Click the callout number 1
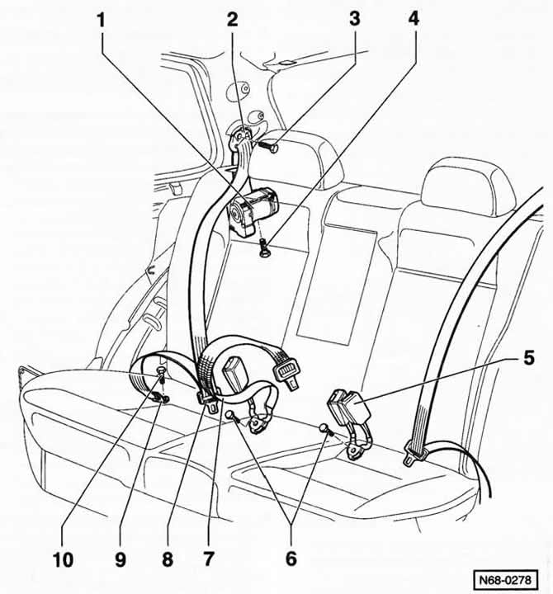click(x=102, y=19)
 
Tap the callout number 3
click(x=354, y=19)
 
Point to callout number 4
click(x=414, y=19)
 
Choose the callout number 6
click(x=290, y=560)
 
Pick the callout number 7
click(x=208, y=560)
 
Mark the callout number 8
click(x=168, y=560)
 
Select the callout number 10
click(x=64, y=560)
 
